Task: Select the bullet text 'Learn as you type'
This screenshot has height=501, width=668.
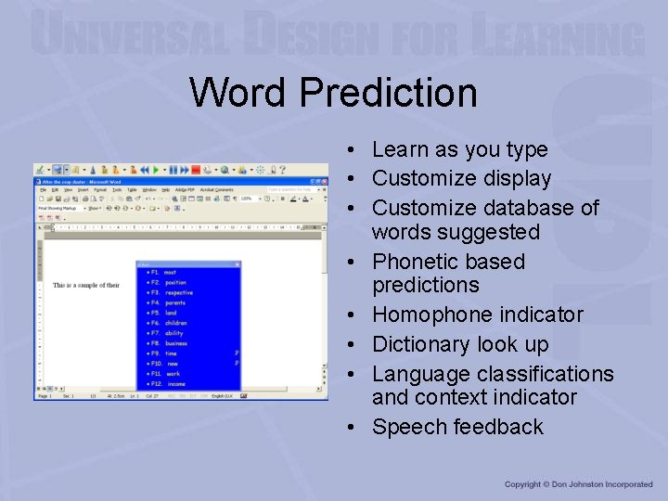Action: point(459,149)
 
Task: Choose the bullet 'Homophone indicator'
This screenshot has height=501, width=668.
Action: point(477,315)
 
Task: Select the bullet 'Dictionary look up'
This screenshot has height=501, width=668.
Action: point(460,344)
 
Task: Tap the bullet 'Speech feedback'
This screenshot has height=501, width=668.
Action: point(457,427)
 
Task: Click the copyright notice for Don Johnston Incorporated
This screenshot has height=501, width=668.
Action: point(578,484)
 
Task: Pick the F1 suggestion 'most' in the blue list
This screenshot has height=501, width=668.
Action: point(170,273)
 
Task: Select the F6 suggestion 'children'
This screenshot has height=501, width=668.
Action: point(175,323)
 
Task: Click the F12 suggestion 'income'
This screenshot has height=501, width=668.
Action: point(175,384)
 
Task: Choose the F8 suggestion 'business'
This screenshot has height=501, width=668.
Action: point(175,343)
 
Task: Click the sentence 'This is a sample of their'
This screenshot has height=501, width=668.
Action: point(86,285)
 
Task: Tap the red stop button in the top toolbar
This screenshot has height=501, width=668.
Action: point(196,170)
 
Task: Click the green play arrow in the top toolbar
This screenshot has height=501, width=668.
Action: point(157,170)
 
